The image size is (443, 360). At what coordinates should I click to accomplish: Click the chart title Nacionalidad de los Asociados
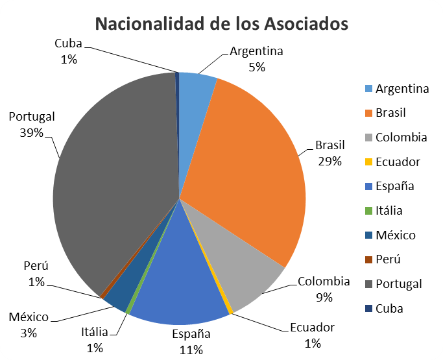[x=222, y=24]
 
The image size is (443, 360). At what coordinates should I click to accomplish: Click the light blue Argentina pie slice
[x=195, y=97]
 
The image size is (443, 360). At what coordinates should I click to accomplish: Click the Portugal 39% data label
[x=31, y=125]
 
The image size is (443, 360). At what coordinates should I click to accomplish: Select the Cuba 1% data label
[x=69, y=51]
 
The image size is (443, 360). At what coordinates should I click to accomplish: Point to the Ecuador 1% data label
[x=312, y=335]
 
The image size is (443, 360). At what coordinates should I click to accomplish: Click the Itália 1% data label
[x=95, y=340]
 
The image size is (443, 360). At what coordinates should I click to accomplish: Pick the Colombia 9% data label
[x=324, y=289]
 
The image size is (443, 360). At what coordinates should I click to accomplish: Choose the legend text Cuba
[x=389, y=308]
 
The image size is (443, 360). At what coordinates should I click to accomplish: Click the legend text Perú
[x=388, y=259]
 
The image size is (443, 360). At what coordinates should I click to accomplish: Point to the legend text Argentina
[x=402, y=89]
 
